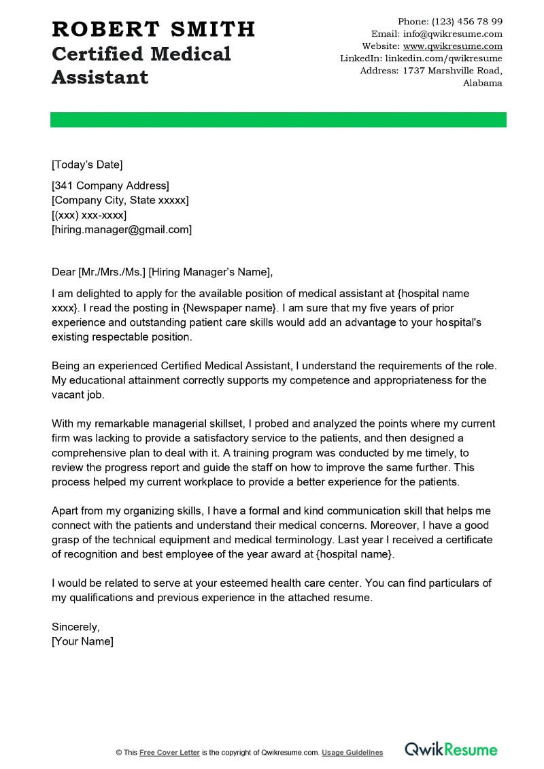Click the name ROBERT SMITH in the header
pyautogui.click(x=153, y=29)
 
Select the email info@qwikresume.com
pyautogui.click(x=453, y=34)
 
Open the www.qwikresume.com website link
pyautogui.click(x=453, y=46)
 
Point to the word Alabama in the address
pyautogui.click(x=482, y=83)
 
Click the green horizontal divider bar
pyautogui.click(x=278, y=120)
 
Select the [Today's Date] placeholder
pyautogui.click(x=87, y=164)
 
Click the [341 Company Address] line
pyautogui.click(x=110, y=186)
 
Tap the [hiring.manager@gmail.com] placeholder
pyautogui.click(x=122, y=230)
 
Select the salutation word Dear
pyautogui.click(x=64, y=273)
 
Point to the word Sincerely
pyautogui.click(x=75, y=627)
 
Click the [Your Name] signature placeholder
pyautogui.click(x=82, y=641)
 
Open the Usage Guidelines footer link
pyautogui.click(x=352, y=753)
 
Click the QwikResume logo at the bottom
pyautogui.click(x=451, y=750)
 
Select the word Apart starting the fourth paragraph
pyautogui.click(x=65, y=511)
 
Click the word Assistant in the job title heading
pyautogui.click(x=100, y=77)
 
